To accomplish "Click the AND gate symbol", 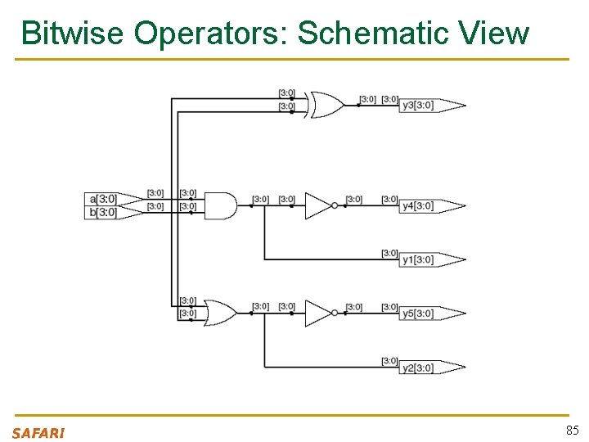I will coord(219,205).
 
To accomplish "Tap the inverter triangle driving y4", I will coord(317,205).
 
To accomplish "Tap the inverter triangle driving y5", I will coord(317,313).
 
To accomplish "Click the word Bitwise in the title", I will coord(72,34).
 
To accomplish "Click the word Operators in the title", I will coord(210,34).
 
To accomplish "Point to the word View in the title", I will coord(494,34).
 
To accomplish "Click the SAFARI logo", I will coord(38,433).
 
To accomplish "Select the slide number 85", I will coord(572,431).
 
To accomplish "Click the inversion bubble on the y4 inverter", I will coord(335,205).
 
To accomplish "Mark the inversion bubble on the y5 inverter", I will coord(335,313).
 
